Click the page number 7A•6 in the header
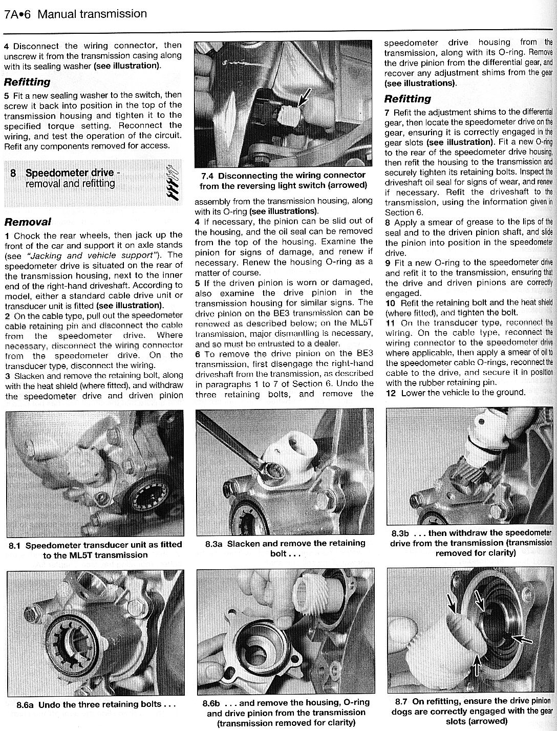(17, 14)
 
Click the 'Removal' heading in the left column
(27, 222)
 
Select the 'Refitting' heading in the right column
(408, 99)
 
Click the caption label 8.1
(14, 545)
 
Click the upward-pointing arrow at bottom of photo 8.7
(477, 665)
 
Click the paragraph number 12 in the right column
(390, 393)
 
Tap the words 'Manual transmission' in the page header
(92, 14)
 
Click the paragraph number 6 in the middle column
(197, 353)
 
